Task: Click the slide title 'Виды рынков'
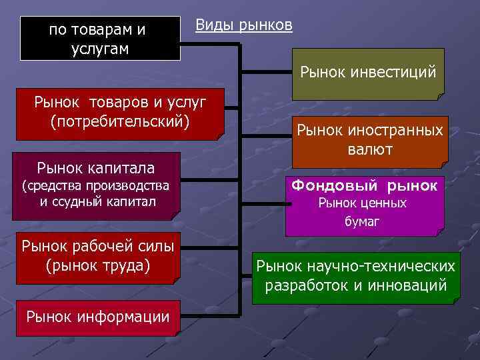tap(243, 25)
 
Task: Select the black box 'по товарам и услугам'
tap(99, 39)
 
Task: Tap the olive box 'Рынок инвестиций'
tap(368, 73)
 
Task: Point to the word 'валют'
tap(369, 150)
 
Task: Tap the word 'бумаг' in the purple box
tap(362, 221)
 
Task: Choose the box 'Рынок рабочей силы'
tap(97, 257)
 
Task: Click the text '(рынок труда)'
tap(98, 266)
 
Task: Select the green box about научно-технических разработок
tap(355, 277)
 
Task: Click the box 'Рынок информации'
tap(97, 317)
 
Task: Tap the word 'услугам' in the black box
tap(99, 49)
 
